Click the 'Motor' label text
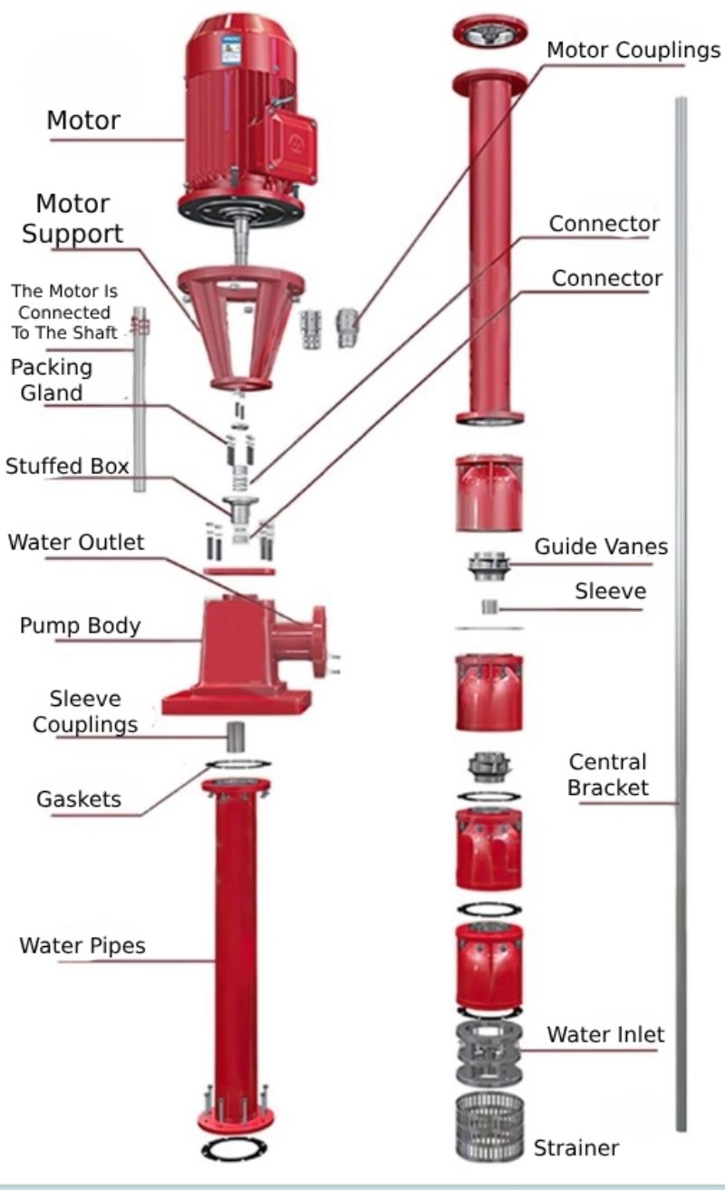83,119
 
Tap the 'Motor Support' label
72,218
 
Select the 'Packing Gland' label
51,380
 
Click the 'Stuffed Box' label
67,467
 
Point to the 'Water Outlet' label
76,543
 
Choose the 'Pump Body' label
80,626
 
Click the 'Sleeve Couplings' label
93,711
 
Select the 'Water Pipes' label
82,947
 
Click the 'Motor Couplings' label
633,50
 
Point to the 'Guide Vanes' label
601,547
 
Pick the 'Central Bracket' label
608,774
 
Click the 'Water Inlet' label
605,1034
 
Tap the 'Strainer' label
576,1147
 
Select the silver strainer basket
488,1128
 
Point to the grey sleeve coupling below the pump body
237,735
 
